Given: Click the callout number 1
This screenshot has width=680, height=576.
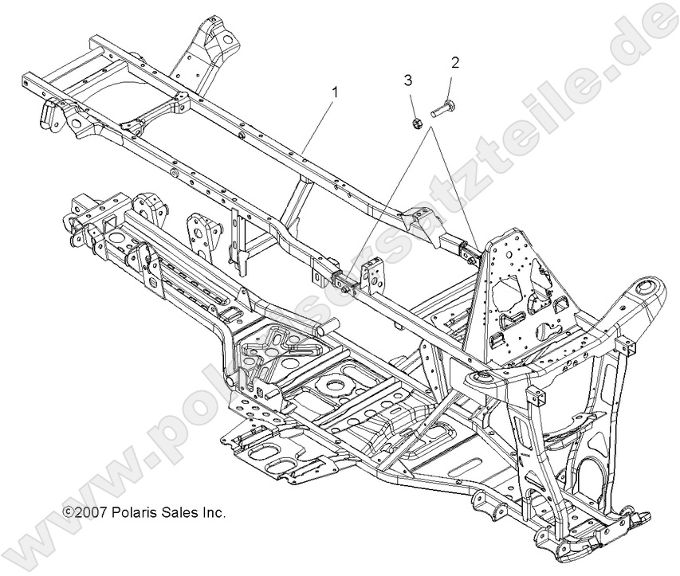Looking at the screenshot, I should [334, 92].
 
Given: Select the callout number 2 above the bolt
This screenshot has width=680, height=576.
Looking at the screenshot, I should [455, 61].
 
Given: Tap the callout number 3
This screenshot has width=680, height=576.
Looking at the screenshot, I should [407, 80].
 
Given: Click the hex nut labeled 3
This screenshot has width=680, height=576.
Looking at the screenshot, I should [417, 123].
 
